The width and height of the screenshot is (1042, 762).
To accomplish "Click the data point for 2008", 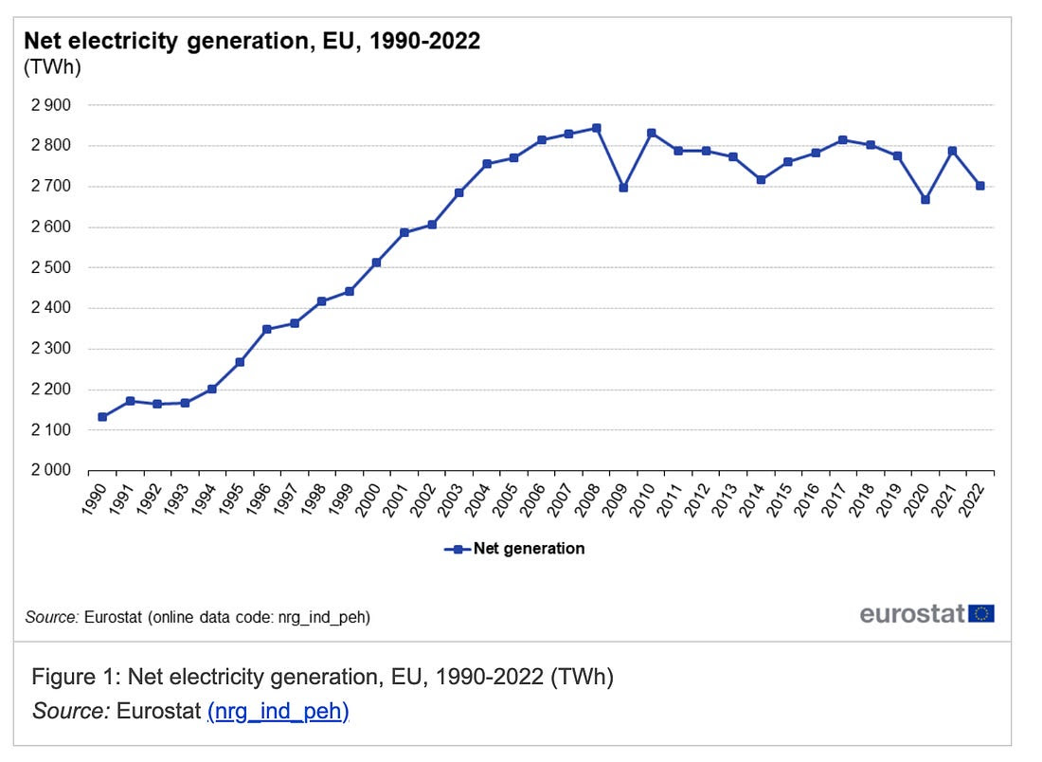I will coord(596,128).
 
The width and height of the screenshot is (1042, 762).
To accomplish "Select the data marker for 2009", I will coord(623,188).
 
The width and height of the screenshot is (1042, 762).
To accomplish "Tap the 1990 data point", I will coord(102,417).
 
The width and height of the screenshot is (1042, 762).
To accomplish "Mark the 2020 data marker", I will coord(925,199).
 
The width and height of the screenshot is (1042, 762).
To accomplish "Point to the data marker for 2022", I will coord(980,186).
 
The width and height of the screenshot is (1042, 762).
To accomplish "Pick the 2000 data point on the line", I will coord(376,263).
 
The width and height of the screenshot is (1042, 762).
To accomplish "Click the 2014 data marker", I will coord(761,180).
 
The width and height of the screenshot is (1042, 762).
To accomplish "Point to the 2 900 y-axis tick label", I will coord(51,105).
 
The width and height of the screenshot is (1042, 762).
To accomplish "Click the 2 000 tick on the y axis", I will coord(51,470).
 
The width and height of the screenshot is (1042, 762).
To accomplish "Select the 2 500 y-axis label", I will coord(51,267).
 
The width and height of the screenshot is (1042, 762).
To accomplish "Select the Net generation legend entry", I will coord(515,549).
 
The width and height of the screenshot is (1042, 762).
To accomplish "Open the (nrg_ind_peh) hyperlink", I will coord(278,710).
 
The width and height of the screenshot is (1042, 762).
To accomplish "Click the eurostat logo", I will coord(912,613).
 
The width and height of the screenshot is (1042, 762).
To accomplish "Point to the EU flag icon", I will coord(981,613).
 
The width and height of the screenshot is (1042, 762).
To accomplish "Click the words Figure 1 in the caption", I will coord(74,678).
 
